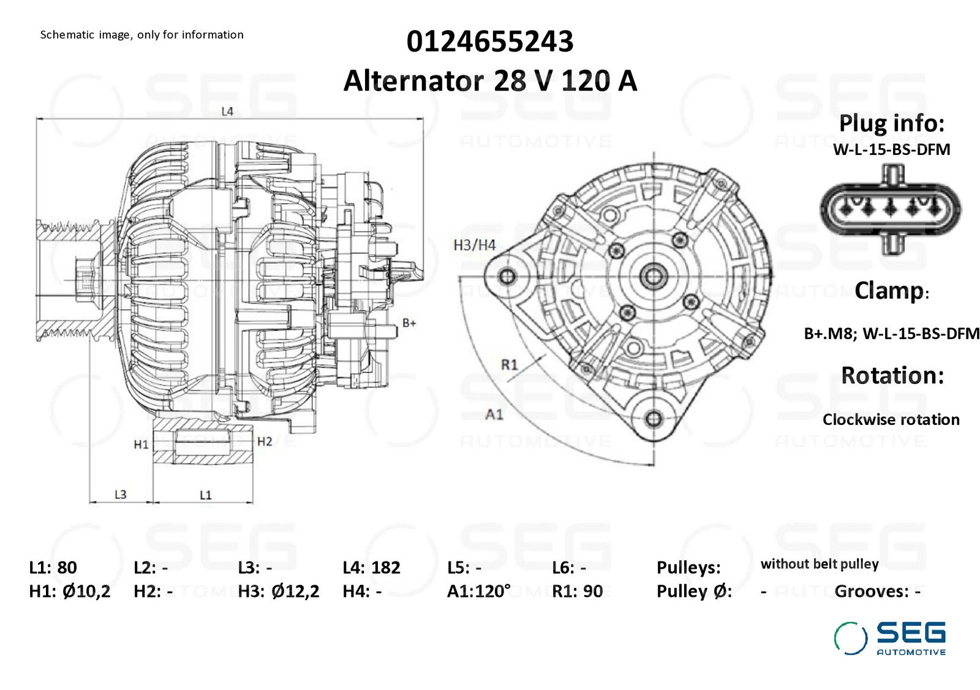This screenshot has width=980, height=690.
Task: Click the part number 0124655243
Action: point(489,42)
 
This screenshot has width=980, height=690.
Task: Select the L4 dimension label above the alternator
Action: point(227,111)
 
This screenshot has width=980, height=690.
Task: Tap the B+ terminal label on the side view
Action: point(409,323)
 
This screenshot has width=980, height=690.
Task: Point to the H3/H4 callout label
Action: point(474,246)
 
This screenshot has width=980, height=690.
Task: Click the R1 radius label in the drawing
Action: point(509,364)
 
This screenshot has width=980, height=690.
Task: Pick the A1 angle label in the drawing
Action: point(494,414)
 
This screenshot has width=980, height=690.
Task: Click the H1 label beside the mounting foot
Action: point(141,444)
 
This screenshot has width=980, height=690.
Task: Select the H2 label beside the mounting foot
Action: point(265,441)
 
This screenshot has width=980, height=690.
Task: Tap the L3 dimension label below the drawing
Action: point(120,495)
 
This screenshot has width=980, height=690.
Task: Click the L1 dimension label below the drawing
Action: point(206,495)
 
